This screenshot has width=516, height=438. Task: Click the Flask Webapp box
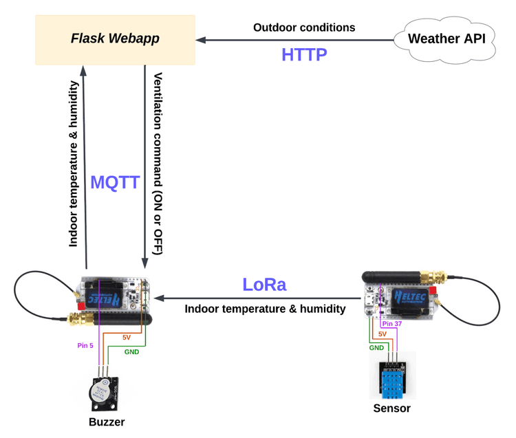(x=115, y=39)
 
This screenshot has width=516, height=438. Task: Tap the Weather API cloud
(x=447, y=39)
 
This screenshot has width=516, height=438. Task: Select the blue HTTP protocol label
(x=303, y=54)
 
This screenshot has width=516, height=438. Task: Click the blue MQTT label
(x=115, y=182)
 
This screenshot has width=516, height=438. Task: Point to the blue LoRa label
(x=264, y=284)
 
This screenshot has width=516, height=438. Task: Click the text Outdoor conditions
(x=304, y=28)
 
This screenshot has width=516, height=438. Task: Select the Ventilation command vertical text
(x=158, y=163)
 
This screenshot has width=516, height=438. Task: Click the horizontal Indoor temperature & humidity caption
(x=265, y=309)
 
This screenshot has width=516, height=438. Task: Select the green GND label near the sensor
(x=376, y=347)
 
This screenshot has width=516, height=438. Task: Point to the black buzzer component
(x=103, y=393)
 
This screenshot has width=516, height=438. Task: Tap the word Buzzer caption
(x=107, y=421)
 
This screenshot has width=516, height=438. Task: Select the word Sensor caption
(x=391, y=408)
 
